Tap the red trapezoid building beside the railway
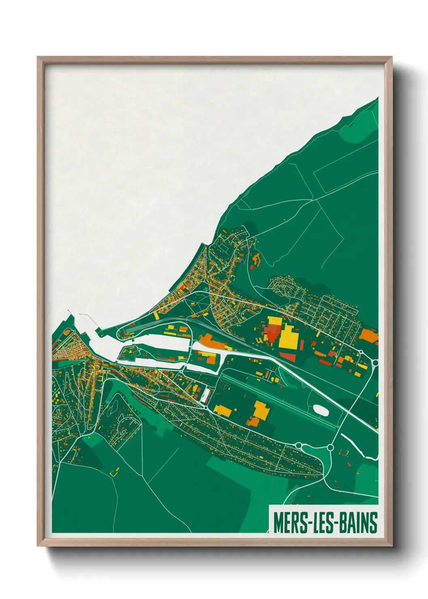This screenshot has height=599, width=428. click(288, 357)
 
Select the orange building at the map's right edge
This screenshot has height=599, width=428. click(369, 335)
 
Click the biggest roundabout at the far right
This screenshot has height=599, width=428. click(375, 363)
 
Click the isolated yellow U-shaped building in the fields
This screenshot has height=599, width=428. click(115, 472)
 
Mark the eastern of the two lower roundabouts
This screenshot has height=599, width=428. click(330, 447)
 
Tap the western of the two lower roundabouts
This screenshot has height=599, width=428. click(299, 445)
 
